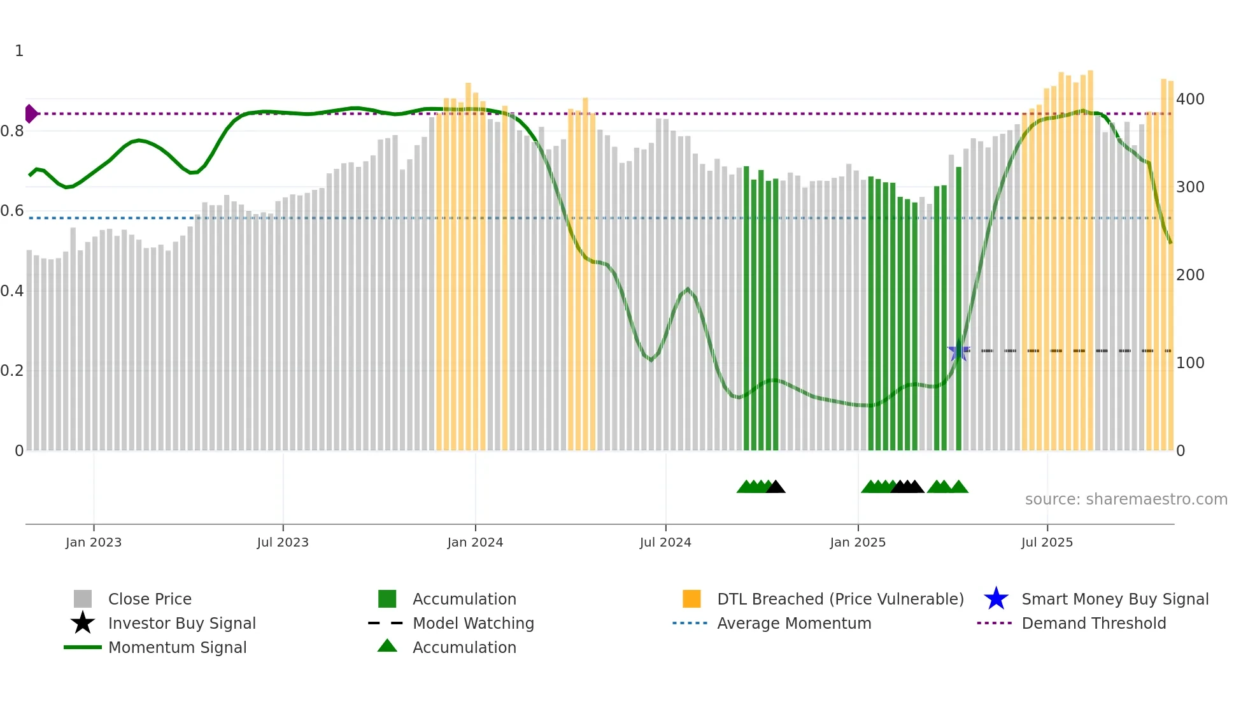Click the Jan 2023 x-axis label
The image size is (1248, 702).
pos(94,542)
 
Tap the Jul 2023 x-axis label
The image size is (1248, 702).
pos(283,542)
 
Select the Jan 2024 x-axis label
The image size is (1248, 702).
pos(475,542)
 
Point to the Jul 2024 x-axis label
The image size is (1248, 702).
pos(665,542)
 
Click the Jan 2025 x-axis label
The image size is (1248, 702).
pos(858,542)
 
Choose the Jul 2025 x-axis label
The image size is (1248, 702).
pos(1047,542)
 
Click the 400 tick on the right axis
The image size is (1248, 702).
pos(1190,99)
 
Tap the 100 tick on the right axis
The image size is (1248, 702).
pos(1190,363)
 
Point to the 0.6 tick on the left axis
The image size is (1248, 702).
pos(12,211)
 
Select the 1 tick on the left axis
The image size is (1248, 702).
pos(19,51)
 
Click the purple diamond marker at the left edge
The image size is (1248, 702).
pos(31,114)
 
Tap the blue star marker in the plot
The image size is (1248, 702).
pos(958,350)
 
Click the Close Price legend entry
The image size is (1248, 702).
pos(150,599)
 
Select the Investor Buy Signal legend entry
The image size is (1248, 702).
pos(181,623)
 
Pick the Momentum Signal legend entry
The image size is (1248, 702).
pos(177,647)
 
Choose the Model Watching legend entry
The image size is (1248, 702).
pos(473,623)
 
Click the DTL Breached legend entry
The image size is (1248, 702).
pos(840,599)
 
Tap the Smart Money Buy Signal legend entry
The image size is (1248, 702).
pos(1115,599)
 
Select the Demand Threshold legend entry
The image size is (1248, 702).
pos(1093,623)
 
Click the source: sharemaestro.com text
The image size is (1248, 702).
pos(1126,499)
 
